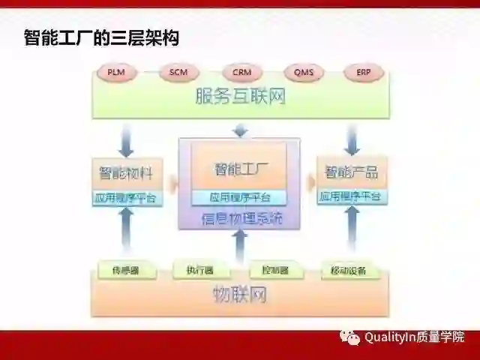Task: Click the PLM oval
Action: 116,73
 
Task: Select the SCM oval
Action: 178,73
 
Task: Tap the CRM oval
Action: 241,73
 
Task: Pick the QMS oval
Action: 304,73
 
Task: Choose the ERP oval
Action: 364,73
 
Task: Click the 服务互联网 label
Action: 241,97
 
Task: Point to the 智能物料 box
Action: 126,173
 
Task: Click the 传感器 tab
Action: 125,270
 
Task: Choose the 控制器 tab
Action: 274,270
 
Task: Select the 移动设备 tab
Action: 349,270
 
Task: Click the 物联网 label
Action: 241,295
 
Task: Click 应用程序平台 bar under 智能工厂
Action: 240,198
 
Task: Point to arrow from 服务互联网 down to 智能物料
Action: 127,139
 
